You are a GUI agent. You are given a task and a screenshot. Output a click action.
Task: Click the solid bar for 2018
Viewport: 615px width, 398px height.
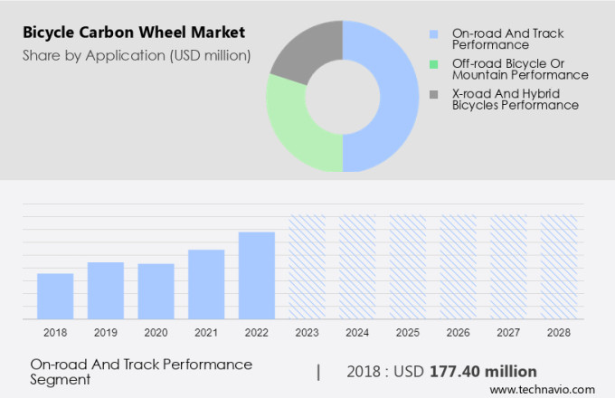point(55,296)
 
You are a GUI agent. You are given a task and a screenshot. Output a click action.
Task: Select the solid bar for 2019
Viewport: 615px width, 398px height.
point(106,290)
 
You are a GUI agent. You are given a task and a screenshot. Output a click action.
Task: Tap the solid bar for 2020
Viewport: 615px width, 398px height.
point(156,291)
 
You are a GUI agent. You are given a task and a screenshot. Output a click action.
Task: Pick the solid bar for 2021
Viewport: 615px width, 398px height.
point(206,284)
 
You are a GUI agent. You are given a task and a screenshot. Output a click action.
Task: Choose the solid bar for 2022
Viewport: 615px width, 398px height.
point(257,275)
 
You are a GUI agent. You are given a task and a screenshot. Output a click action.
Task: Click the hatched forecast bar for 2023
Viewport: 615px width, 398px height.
point(307,267)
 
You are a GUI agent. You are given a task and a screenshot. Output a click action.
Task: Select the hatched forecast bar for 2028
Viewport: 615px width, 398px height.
point(558,267)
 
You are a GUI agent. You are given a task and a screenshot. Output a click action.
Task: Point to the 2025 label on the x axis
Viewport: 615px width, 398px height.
point(407,333)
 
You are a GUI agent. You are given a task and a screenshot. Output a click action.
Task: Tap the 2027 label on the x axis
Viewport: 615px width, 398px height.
point(508,333)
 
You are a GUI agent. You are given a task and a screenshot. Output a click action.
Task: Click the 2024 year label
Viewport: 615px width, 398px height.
point(357,333)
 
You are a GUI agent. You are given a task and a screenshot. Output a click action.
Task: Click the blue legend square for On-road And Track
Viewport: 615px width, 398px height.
point(433,34)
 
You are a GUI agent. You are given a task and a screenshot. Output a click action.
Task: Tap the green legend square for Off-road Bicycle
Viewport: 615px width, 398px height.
point(433,64)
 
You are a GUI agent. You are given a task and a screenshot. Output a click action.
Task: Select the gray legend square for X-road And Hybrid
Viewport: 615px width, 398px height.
point(433,94)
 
